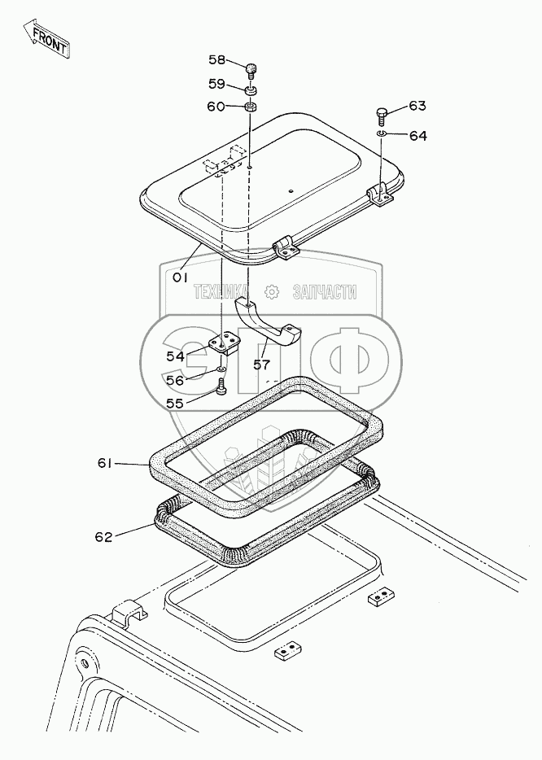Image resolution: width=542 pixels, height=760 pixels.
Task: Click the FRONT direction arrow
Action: click(x=48, y=37)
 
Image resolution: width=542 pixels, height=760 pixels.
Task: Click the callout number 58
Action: click(x=218, y=59)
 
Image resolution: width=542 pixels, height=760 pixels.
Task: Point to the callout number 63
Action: click(x=417, y=106)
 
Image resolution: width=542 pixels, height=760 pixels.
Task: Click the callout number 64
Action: click(x=417, y=135)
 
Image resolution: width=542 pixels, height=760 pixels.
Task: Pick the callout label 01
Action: click(x=180, y=277)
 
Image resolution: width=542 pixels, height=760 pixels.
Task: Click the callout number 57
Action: click(x=261, y=365)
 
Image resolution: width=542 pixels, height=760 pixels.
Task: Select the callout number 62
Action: click(x=105, y=535)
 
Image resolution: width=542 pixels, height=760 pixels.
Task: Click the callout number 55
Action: click(x=177, y=402)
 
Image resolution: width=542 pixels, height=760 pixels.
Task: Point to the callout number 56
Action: click(x=177, y=379)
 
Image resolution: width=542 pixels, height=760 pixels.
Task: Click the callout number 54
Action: click(x=175, y=356)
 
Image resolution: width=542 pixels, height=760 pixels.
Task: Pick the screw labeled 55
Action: click(x=221, y=391)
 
